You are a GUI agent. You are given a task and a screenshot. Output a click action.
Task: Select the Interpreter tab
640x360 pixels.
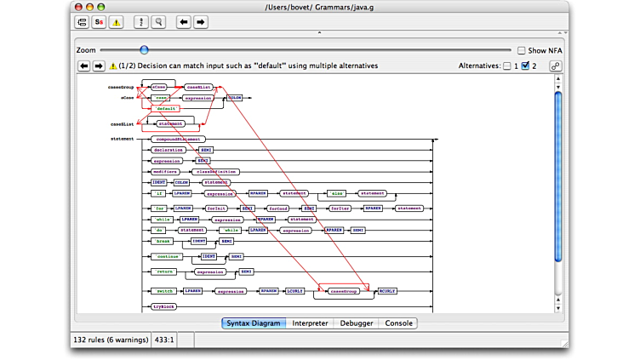pyautogui.click(x=310, y=323)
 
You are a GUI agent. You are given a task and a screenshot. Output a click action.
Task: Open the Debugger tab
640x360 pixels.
pyautogui.click(x=357, y=323)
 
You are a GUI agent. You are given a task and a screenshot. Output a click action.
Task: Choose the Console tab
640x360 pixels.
pyautogui.click(x=399, y=323)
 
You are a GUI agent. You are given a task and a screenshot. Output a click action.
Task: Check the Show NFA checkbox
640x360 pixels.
pyautogui.click(x=522, y=50)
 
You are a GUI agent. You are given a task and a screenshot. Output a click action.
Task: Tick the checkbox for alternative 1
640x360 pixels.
pyautogui.click(x=507, y=66)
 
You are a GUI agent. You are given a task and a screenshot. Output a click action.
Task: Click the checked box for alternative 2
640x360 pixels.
pyautogui.click(x=525, y=66)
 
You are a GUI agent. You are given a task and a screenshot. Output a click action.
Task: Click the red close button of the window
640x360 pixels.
pyautogui.click(x=78, y=7)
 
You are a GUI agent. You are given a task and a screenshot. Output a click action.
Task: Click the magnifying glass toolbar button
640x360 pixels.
pyautogui.click(x=158, y=22)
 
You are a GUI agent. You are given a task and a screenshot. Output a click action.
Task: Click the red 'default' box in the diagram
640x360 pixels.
pyautogui.click(x=165, y=109)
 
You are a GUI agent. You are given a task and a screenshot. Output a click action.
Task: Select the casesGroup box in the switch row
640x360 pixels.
pyautogui.click(x=344, y=291)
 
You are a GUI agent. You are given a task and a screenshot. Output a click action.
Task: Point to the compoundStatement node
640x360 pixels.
pyautogui.click(x=179, y=139)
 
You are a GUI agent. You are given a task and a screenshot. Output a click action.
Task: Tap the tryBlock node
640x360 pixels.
pyautogui.click(x=163, y=306)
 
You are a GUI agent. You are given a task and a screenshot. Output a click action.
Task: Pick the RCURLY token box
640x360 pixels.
pyautogui.click(x=387, y=291)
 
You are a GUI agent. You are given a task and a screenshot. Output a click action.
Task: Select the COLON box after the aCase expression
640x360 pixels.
pyautogui.click(x=234, y=98)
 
